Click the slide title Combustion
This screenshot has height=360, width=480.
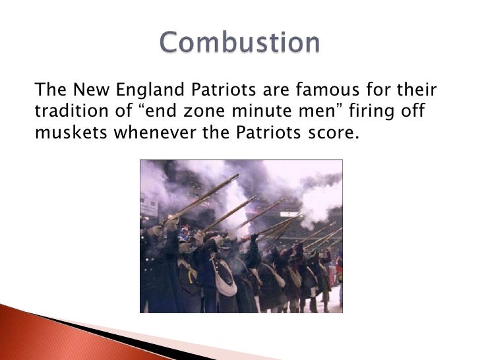pos(240,43)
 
